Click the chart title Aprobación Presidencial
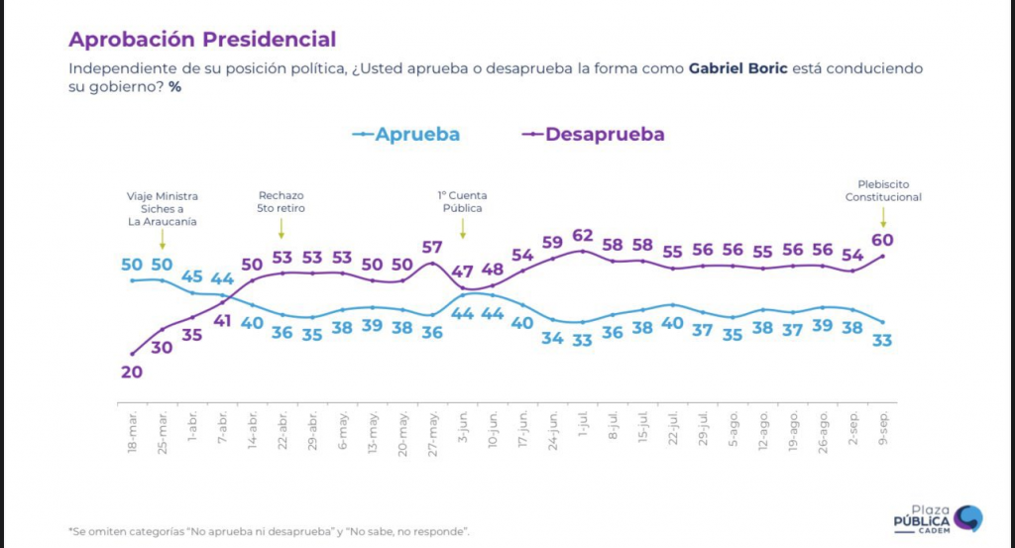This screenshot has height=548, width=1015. pos(201,40)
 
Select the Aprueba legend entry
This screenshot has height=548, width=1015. pos(416,134)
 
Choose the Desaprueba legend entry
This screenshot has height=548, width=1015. pos(604,134)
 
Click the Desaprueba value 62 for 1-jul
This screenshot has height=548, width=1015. pos(583,236)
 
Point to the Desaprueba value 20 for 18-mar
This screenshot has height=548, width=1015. pos(132,373)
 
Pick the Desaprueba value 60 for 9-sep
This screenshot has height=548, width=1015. pos(883,240)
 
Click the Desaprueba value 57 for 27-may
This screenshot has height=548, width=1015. pos(432,247)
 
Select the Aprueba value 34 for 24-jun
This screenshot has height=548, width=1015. pos(553,338)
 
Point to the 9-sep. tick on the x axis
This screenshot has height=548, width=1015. pos(882,428)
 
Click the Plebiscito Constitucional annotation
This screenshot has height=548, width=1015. pos(883,190)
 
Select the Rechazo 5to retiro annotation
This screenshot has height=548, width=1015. pos(282,202)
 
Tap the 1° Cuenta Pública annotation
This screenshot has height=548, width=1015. pos(462,202)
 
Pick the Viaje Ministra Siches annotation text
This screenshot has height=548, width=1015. pos(163,208)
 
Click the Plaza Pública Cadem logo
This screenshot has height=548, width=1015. pos(937,518)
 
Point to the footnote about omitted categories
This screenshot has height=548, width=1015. pos(269,532)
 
